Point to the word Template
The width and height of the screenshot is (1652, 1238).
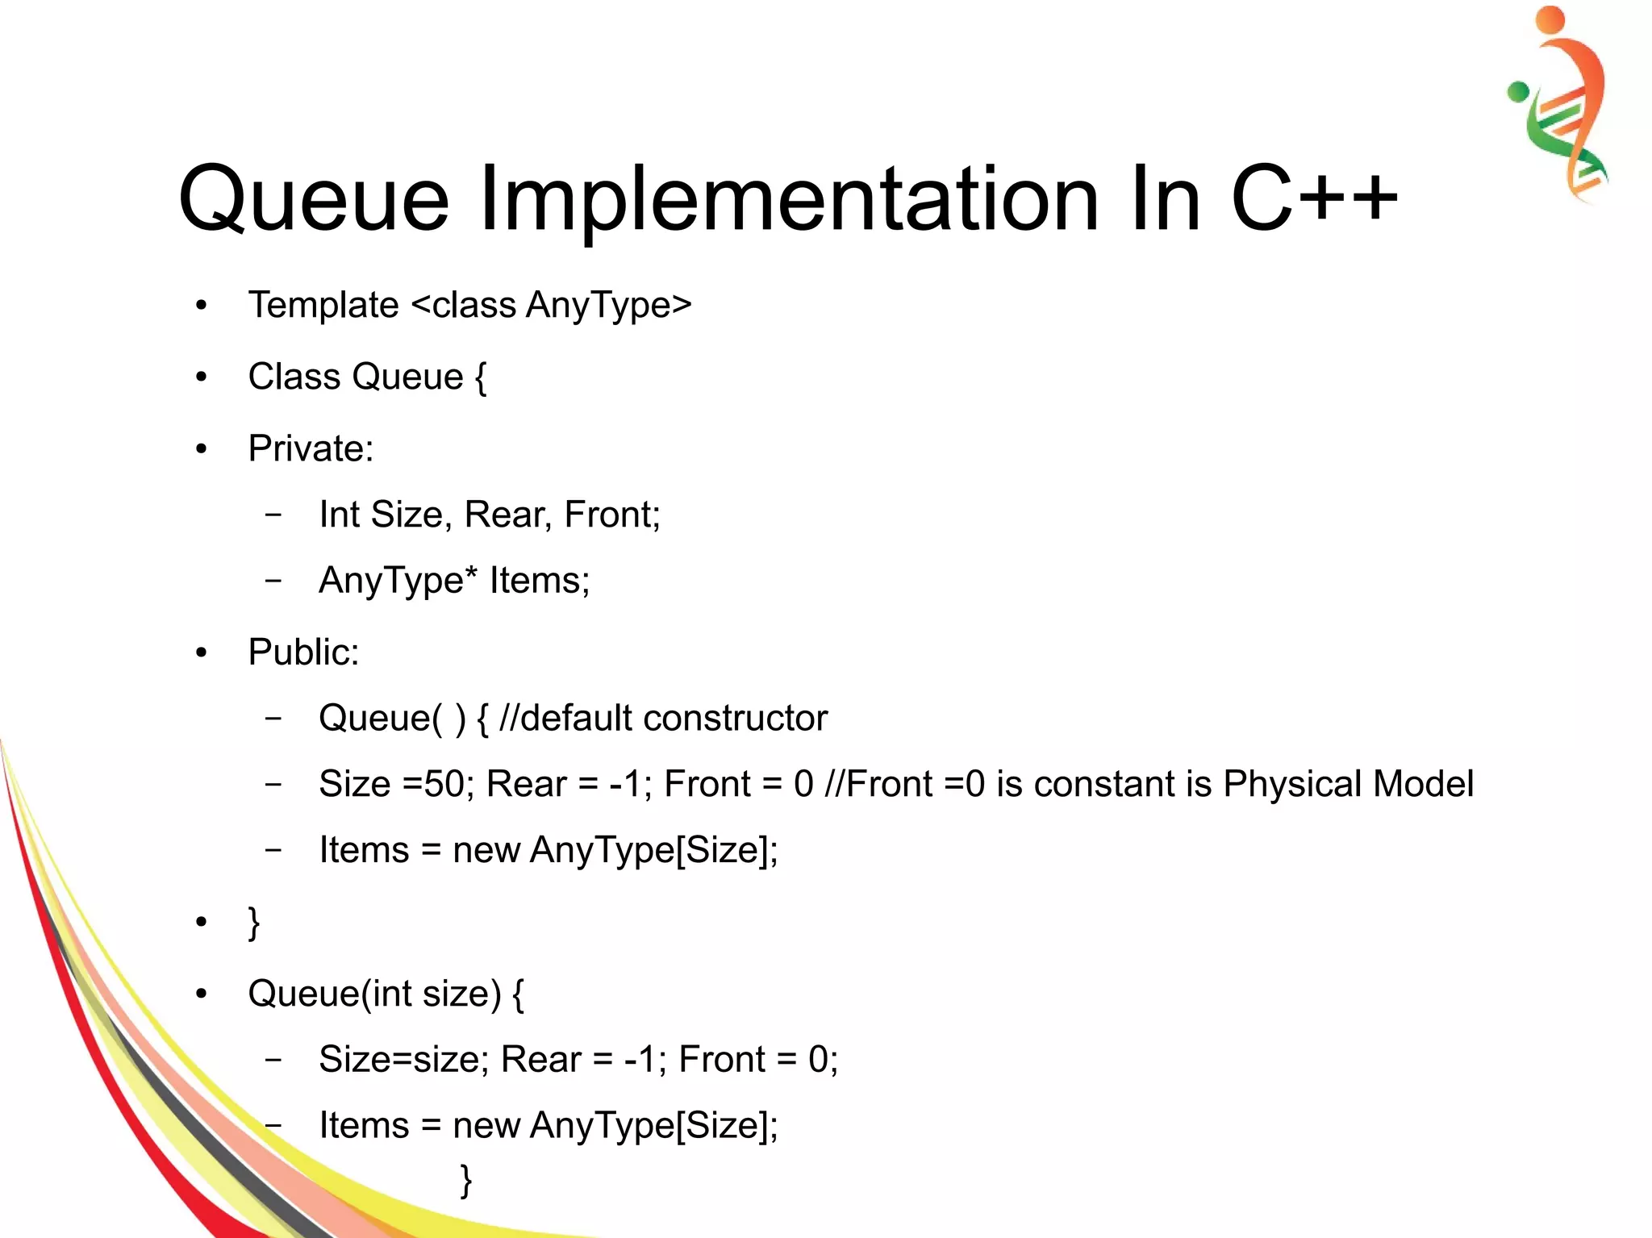(323, 306)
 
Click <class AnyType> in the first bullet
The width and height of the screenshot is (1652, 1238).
(552, 306)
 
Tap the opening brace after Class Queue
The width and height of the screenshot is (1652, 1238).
(481, 377)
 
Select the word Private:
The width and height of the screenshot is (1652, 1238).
(311, 448)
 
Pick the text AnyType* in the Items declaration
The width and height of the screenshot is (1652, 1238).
(398, 581)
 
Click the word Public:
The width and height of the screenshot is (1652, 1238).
(303, 652)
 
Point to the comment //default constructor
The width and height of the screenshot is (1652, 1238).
(663, 718)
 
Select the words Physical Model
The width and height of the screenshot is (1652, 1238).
(1348, 784)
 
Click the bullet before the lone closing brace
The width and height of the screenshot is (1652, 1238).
(202, 921)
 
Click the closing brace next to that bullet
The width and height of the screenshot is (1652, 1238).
(254, 922)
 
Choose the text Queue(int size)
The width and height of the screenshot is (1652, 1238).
(374, 994)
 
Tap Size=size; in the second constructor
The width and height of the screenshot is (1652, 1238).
(403, 1060)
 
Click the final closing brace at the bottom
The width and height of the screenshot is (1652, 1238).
(465, 1180)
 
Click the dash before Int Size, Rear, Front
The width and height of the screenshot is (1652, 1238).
(274, 515)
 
